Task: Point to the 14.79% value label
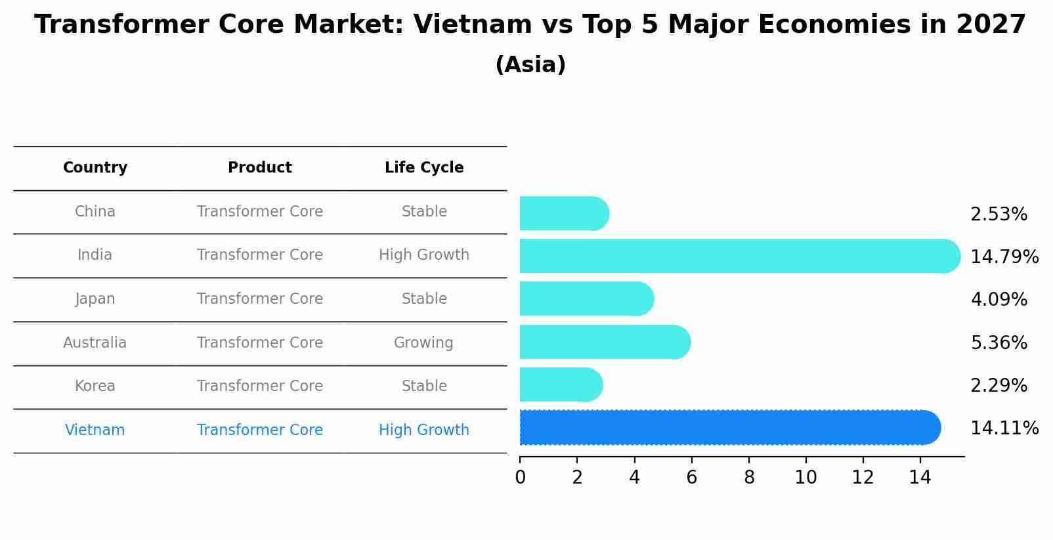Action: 1004,257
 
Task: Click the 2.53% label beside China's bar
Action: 998,215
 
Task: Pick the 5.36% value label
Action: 998,343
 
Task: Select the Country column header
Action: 95,168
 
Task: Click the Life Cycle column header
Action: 424,168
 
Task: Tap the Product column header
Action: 259,168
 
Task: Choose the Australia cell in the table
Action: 95,343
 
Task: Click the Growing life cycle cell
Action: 423,343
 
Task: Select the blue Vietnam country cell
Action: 95,430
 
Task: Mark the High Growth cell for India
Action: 424,255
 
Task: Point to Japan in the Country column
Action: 95,299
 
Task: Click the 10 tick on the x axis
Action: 806,477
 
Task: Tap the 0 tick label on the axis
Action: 520,477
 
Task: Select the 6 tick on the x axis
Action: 691,477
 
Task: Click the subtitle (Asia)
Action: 530,65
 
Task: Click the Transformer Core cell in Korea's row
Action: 259,386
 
